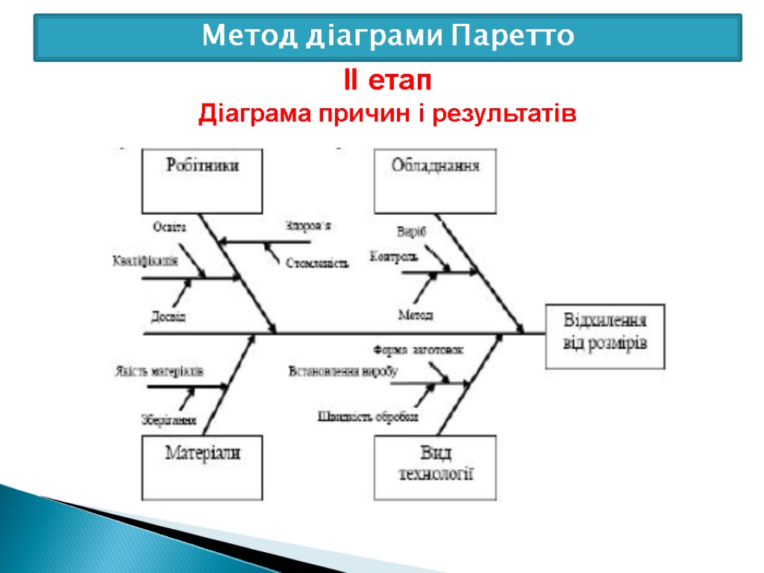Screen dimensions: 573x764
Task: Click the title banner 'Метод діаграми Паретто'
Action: coord(388,36)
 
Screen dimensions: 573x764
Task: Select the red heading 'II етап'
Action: coord(388,79)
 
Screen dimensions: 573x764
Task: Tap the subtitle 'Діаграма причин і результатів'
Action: coord(387,115)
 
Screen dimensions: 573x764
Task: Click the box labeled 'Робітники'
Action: coord(202,181)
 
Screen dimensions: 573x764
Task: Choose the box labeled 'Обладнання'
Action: coord(435,181)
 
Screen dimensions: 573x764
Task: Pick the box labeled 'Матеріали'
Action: coord(202,467)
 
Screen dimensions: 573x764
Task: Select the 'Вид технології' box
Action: coord(435,467)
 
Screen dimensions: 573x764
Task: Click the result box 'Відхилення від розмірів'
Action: coord(605,335)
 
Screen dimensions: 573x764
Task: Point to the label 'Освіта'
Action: coord(169,227)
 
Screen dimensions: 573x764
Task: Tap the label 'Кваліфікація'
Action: coord(145,260)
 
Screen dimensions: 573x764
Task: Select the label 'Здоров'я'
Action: coord(307,225)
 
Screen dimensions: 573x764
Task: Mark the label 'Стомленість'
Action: coord(317,263)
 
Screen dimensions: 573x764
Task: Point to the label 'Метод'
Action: coord(415,315)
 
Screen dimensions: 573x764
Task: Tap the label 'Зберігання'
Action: coord(169,420)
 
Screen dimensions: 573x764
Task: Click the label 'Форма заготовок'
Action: coord(418,349)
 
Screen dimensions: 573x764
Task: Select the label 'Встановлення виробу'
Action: coord(342,371)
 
